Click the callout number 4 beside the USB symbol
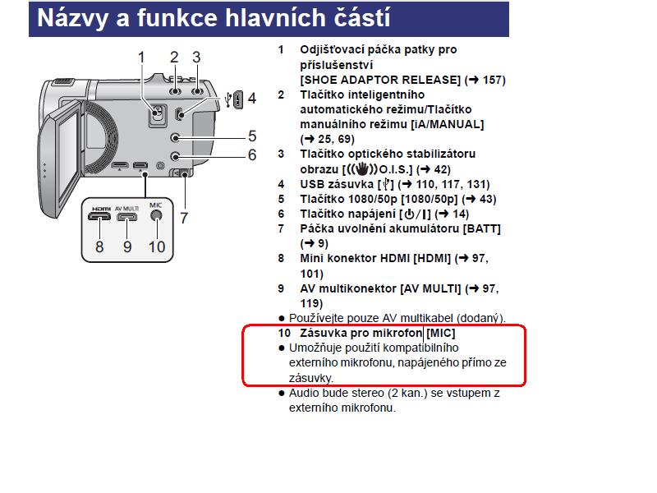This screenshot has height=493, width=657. point(252,99)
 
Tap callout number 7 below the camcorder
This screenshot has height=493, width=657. point(184,218)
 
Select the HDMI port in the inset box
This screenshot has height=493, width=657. point(99,216)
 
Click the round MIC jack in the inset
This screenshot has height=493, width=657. point(156,215)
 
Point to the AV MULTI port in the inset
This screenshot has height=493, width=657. point(126,217)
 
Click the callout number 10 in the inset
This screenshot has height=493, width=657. point(157,247)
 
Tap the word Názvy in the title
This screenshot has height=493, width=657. point(73,19)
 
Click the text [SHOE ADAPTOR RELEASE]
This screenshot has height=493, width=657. point(380,80)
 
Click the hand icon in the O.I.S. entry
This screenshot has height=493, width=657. point(362,169)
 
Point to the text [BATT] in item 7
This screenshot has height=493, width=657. point(482,229)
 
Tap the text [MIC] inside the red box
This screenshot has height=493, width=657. point(441,334)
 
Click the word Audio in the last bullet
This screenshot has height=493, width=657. point(304,394)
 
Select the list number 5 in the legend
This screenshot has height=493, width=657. point(281,199)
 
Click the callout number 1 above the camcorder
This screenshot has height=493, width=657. point(141,58)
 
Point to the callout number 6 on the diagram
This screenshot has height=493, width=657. point(252,155)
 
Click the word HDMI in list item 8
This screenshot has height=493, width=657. point(395,258)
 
